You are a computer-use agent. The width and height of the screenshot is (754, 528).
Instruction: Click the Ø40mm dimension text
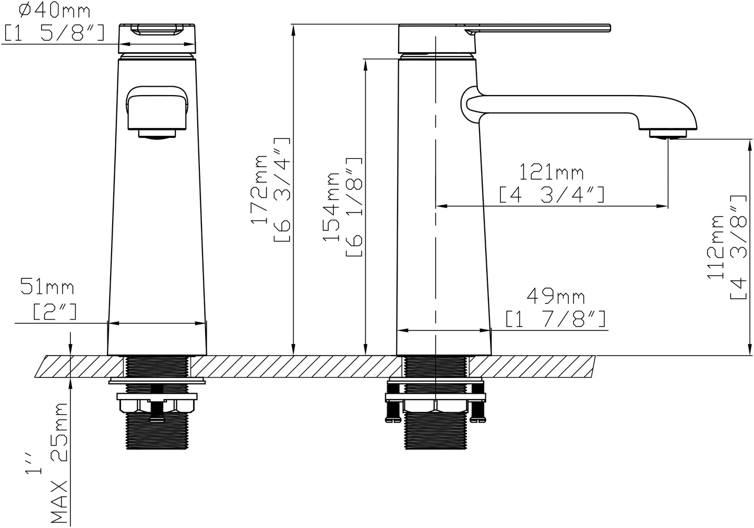pyautogui.click(x=55, y=11)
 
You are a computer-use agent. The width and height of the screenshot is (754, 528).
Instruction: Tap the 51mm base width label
pyautogui.click(x=47, y=286)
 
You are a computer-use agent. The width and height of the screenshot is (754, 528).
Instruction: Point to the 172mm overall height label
pyautogui.click(x=259, y=190)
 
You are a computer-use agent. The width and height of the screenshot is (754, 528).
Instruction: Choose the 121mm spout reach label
pyautogui.click(x=552, y=172)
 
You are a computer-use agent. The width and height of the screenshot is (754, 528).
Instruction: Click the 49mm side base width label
pyautogui.click(x=555, y=297)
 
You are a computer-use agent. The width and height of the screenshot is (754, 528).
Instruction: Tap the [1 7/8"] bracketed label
pyautogui.click(x=555, y=319)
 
